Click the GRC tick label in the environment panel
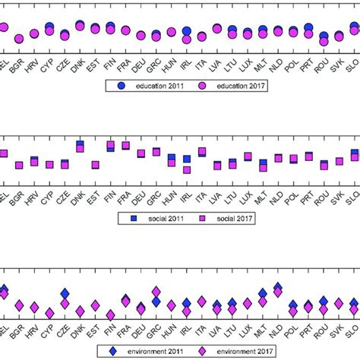pos(156,330)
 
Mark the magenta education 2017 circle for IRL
pos(187,39)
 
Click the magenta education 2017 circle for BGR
pos(19,38)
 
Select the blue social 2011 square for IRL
pos(187,159)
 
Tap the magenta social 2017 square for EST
pos(95,165)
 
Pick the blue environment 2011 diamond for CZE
pos(65,293)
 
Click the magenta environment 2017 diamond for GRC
pos(156,291)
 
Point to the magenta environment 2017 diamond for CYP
pos(49,313)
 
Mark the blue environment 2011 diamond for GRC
pos(156,302)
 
